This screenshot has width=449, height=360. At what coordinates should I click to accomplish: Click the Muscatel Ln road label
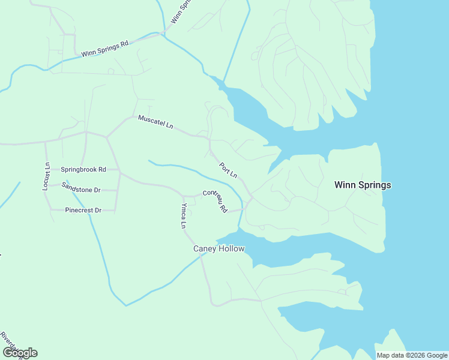[x=155, y=122]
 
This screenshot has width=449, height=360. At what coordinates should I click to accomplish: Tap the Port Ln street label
[x=228, y=171]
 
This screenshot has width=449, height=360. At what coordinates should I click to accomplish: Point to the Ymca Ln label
[x=184, y=217]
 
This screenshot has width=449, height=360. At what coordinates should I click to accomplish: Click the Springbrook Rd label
[x=83, y=170]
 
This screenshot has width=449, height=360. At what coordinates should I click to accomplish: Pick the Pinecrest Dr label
[x=83, y=211]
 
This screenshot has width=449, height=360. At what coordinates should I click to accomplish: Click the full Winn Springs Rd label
[x=105, y=49]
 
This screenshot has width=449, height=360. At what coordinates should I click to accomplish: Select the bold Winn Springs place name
[x=362, y=185]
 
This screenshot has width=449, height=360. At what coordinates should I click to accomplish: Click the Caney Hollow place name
[x=218, y=249]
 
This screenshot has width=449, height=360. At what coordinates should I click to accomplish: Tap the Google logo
[x=19, y=353]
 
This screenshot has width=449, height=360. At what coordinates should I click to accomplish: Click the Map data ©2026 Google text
[x=412, y=355]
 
